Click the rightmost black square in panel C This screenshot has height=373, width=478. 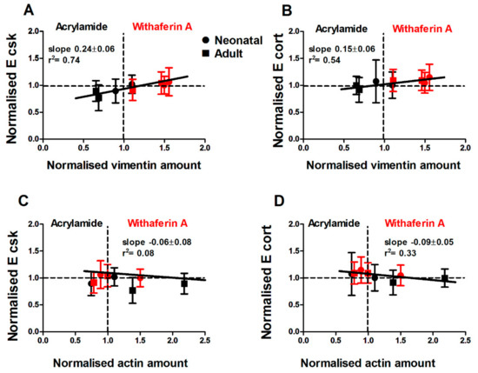(x=184, y=283)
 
